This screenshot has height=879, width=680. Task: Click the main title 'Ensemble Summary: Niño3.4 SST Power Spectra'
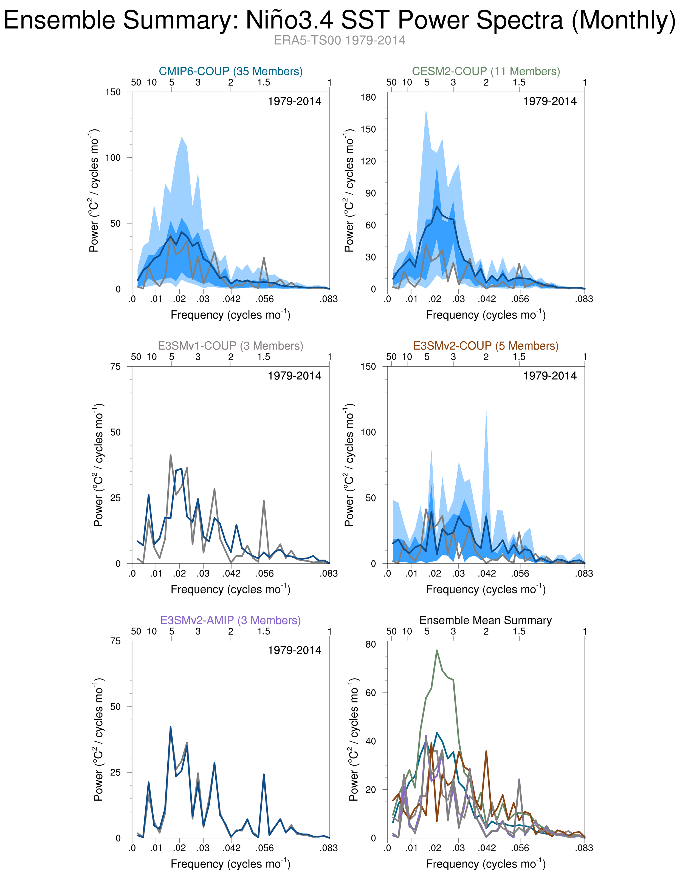pyautogui.click(x=339, y=20)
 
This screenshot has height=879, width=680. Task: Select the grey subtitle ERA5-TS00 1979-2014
pyautogui.click(x=339, y=41)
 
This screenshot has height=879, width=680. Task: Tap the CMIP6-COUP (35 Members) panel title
pyautogui.click(x=231, y=71)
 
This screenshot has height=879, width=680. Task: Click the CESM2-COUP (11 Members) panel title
pyautogui.click(x=486, y=71)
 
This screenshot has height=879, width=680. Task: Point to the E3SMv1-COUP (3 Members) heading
pyautogui.click(x=231, y=346)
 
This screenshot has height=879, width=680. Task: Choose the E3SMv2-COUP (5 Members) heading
pyautogui.click(x=486, y=346)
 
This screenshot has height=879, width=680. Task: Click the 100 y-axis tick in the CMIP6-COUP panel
pyautogui.click(x=113, y=158)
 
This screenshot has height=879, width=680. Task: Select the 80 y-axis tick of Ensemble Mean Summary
pyautogui.click(x=371, y=644)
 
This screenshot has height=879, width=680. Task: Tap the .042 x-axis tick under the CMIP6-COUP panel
pyautogui.click(x=232, y=299)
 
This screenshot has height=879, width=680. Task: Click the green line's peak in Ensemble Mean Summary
pyautogui.click(x=436, y=650)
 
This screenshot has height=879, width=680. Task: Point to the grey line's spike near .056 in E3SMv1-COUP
pyautogui.click(x=264, y=501)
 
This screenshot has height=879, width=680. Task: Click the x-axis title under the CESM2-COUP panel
pyautogui.click(x=486, y=315)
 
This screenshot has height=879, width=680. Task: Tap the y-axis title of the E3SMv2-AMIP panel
pyautogui.click(x=99, y=739)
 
